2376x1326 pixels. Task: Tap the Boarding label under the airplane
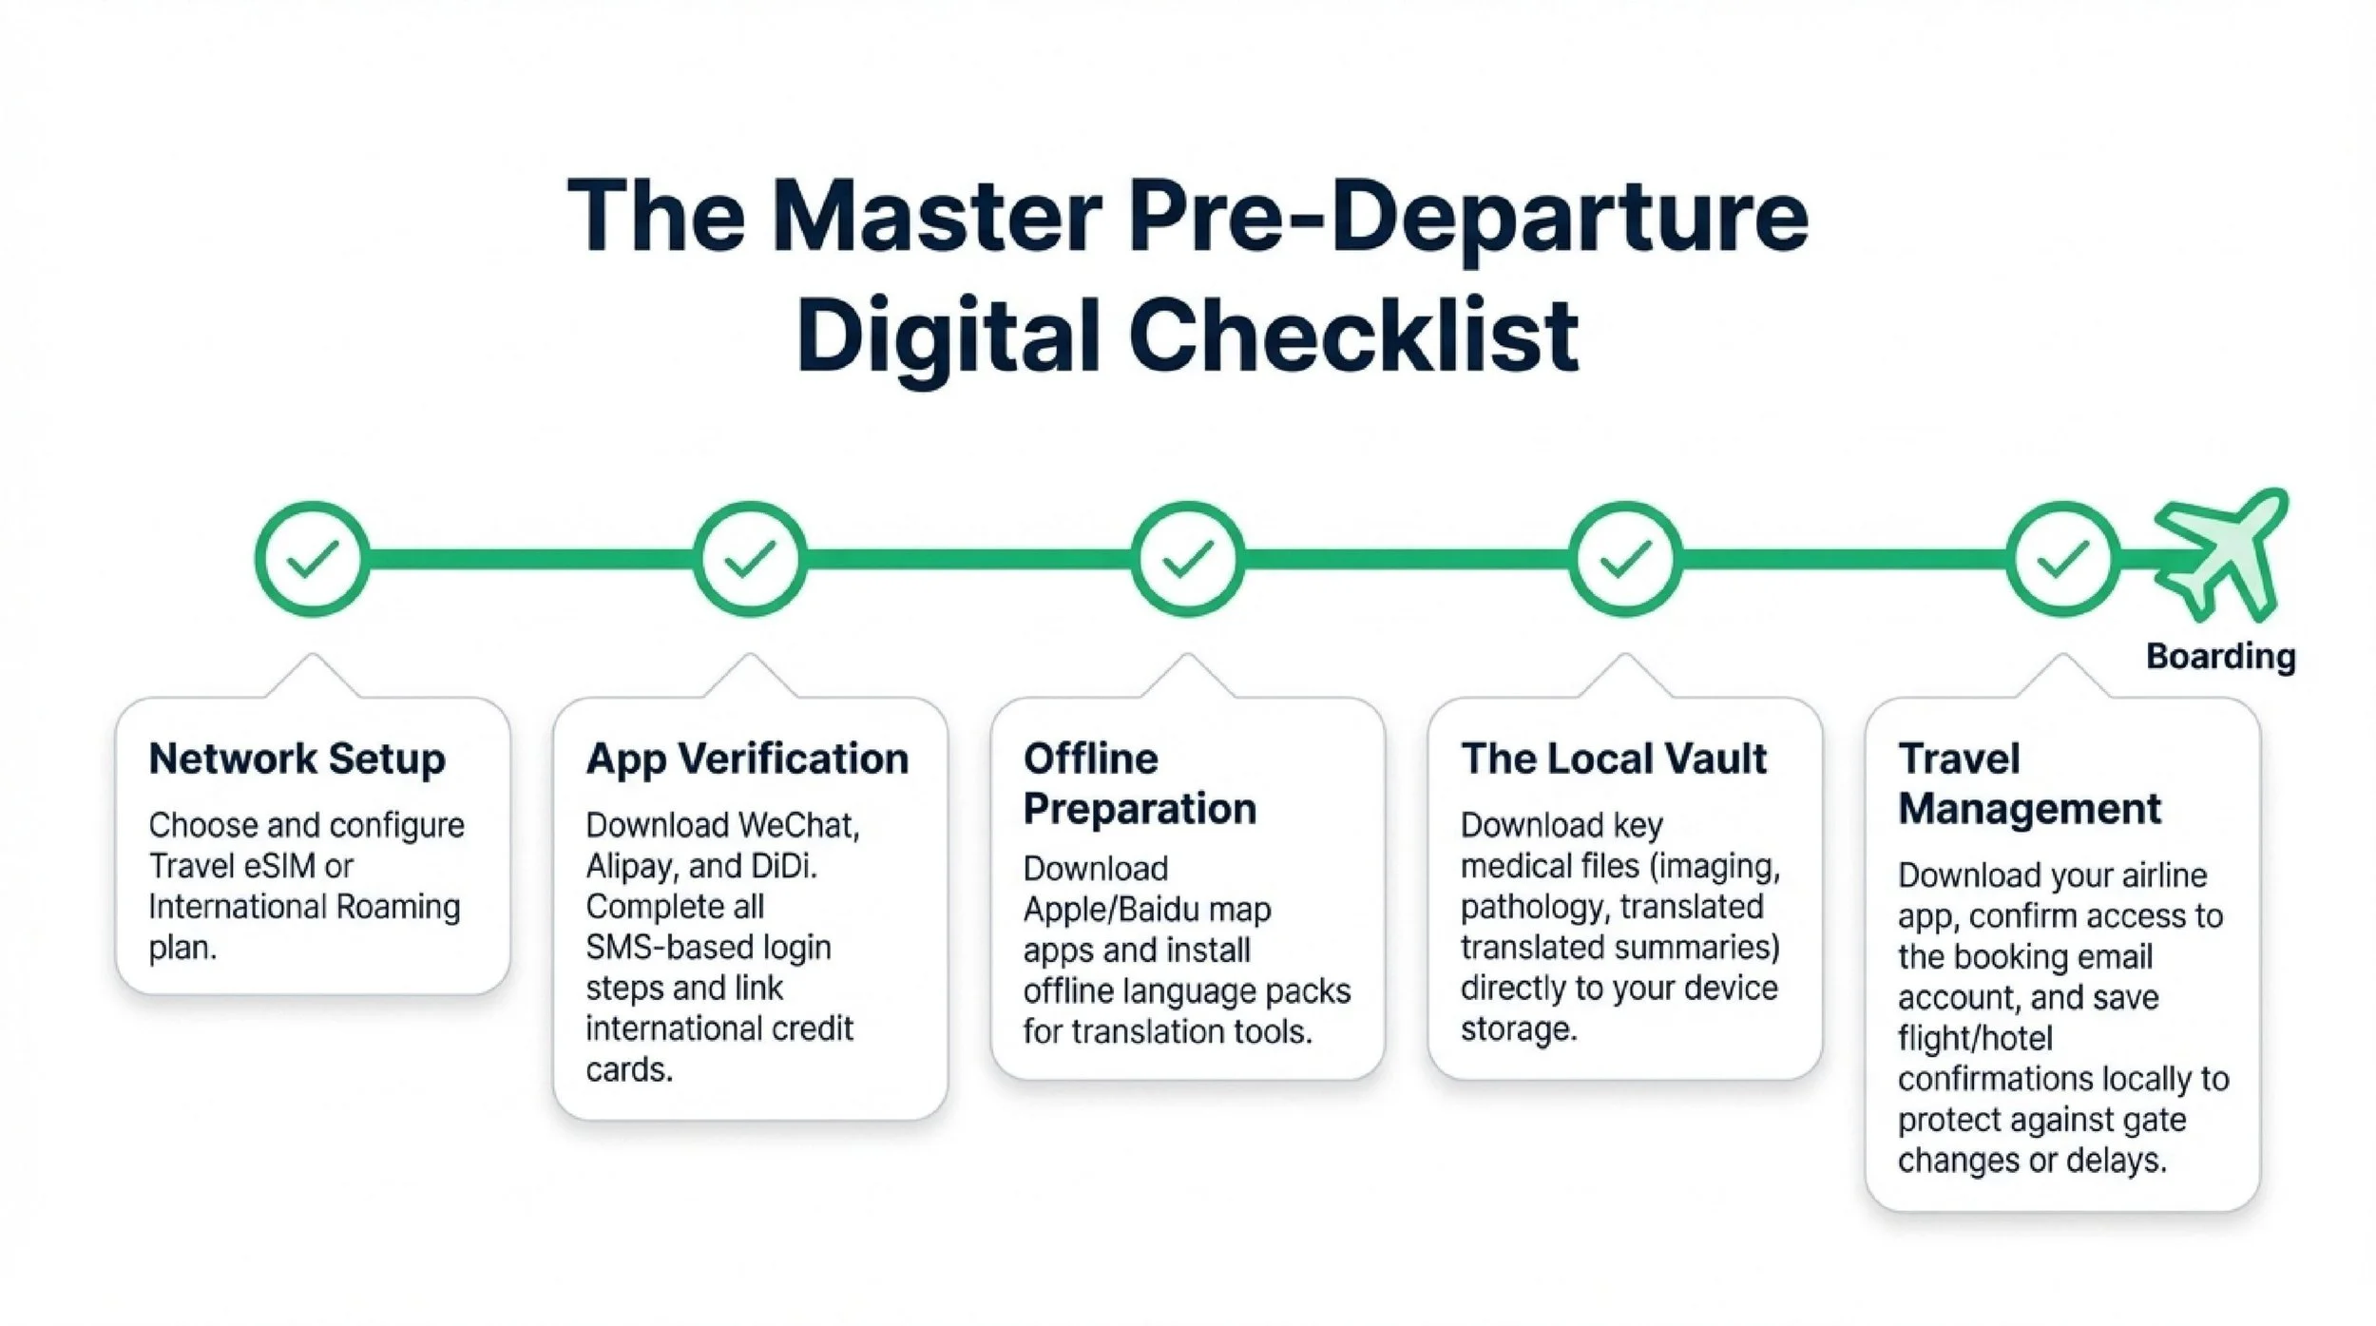[2220, 656]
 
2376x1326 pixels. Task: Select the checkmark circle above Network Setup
[313, 559]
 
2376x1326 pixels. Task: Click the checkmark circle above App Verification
[750, 559]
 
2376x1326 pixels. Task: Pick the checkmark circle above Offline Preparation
[1187, 559]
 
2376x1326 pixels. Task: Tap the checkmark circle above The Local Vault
[1624, 559]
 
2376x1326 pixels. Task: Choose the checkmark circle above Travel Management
[2062, 559]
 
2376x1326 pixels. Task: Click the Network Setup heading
[297, 759]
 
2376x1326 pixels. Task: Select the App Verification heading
[747, 759]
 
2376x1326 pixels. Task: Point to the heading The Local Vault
[1614, 759]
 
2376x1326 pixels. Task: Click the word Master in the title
[937, 217]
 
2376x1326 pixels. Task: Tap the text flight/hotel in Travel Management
[1975, 1039]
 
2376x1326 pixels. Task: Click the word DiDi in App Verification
[784, 867]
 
